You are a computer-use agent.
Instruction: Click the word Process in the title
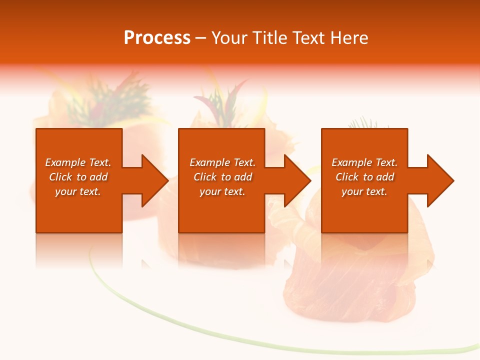pyautogui.click(x=157, y=38)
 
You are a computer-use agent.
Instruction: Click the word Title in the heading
pyautogui.click(x=268, y=38)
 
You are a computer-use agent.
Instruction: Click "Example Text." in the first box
pyautogui.click(x=78, y=162)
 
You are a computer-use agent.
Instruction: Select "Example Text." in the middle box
pyautogui.click(x=222, y=162)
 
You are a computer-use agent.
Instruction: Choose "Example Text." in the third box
pyautogui.click(x=364, y=162)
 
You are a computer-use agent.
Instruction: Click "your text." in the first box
pyautogui.click(x=78, y=191)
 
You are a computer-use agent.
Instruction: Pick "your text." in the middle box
pyautogui.click(x=222, y=191)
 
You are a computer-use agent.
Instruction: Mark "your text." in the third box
pyautogui.click(x=364, y=191)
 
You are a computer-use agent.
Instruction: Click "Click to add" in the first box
pyautogui.click(x=78, y=177)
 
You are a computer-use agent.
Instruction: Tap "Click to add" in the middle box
pyautogui.click(x=222, y=177)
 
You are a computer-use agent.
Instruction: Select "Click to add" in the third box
pyautogui.click(x=364, y=177)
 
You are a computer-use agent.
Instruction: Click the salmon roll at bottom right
pyautogui.click(x=350, y=290)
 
